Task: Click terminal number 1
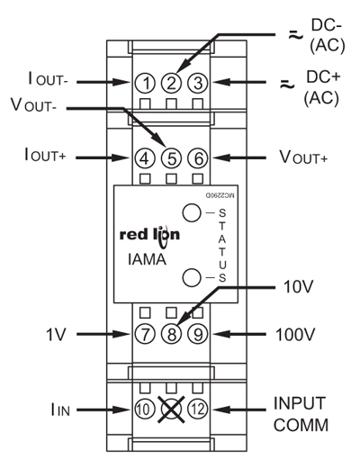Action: click(x=145, y=83)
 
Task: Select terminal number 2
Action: click(x=171, y=83)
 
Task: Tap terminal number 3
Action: click(x=198, y=83)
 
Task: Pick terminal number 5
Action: click(x=171, y=158)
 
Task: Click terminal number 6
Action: click(x=198, y=158)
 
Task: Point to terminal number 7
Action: click(x=145, y=334)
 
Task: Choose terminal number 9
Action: click(x=198, y=334)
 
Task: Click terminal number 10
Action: click(x=145, y=409)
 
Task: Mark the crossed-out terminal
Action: click(x=171, y=409)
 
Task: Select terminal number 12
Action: click(x=198, y=409)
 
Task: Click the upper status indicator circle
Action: click(x=192, y=212)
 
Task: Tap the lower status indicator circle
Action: click(x=192, y=277)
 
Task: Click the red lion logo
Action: click(x=149, y=237)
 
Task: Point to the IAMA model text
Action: click(x=147, y=259)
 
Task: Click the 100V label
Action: click(x=295, y=335)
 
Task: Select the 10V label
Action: click(x=299, y=287)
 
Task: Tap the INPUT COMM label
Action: click(x=301, y=414)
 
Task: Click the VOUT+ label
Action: click(x=303, y=157)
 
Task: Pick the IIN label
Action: click(x=60, y=409)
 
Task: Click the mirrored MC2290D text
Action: click(x=220, y=195)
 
